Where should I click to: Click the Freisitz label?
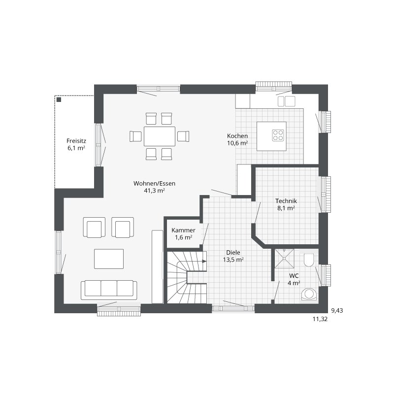tap(76, 141)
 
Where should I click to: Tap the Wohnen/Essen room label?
tap(154, 183)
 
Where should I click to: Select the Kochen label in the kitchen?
tap(237, 136)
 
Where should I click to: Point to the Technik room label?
tap(286, 201)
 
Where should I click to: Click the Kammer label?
tap(183, 230)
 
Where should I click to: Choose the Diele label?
tap(233, 253)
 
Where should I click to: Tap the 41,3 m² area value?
tap(154, 191)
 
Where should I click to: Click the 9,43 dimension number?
tap(337, 311)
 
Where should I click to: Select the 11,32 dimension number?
tap(320, 319)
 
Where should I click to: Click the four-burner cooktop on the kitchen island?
tap(278, 135)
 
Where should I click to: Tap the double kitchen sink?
tap(287, 101)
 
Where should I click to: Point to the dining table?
tap(160, 136)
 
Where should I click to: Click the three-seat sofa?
tap(109, 290)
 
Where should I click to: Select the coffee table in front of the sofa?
tap(109, 259)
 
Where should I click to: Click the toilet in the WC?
tap(309, 260)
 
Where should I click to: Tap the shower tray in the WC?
tap(285, 259)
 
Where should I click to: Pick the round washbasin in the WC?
tap(309, 294)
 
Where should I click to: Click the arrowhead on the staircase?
tap(204, 262)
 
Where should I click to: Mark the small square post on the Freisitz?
tap(59, 100)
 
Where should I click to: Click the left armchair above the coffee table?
tap(94, 228)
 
